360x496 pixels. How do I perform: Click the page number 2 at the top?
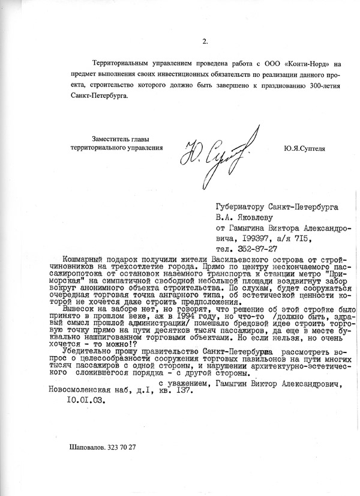coord(205,41)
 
